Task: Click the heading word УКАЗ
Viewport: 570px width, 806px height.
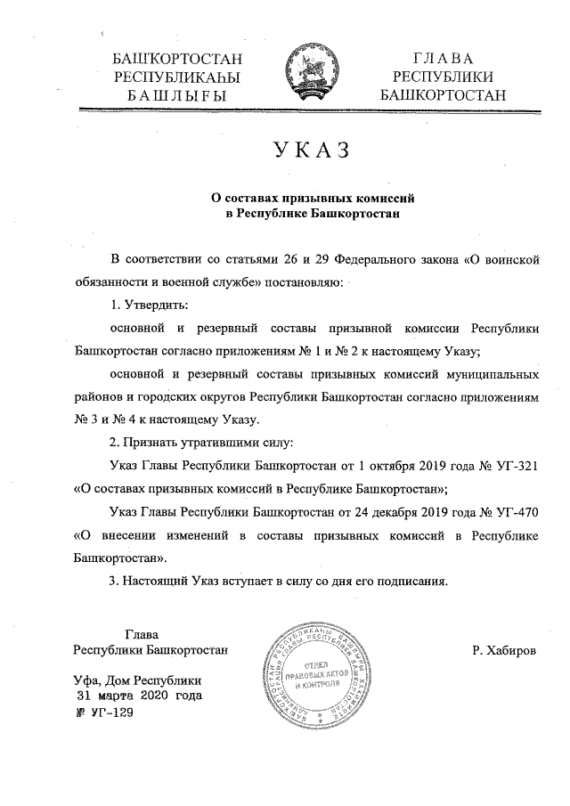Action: (306, 151)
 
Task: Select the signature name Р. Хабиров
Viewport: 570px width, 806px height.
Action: (505, 651)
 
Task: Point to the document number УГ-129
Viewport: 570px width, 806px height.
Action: (105, 713)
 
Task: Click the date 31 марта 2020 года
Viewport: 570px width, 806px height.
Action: (140, 696)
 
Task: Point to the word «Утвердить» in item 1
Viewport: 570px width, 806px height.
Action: (148, 305)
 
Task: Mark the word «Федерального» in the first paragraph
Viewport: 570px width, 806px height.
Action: (386, 258)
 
